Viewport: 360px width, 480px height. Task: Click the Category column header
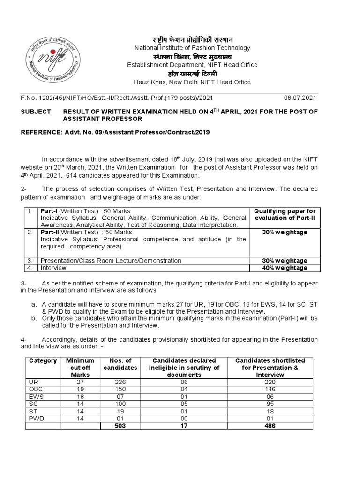tap(43, 360)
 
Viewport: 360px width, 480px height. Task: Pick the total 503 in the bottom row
tap(121, 426)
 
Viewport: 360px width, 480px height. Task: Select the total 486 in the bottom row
tap(270, 426)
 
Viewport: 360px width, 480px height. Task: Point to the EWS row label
tap(37, 396)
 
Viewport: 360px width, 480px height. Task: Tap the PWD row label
tap(37, 418)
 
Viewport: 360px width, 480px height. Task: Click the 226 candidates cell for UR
tap(121, 382)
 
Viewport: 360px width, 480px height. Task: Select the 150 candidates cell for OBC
tap(121, 389)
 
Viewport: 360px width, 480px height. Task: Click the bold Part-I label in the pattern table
tap(48, 211)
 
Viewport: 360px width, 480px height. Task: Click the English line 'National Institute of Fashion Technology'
tap(192, 48)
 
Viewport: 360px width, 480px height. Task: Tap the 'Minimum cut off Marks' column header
tap(80, 367)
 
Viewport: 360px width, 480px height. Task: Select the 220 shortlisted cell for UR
tap(270, 382)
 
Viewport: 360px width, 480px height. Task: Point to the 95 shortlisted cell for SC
tap(270, 404)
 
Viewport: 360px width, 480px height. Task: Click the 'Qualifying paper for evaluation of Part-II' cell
tap(285, 215)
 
